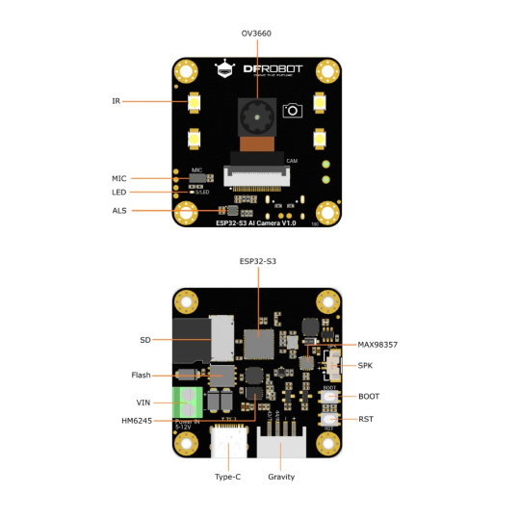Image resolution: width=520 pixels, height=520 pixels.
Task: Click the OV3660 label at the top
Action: [x=256, y=33]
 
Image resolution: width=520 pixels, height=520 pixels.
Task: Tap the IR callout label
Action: [x=116, y=100]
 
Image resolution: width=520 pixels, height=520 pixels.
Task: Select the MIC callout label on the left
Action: [x=118, y=178]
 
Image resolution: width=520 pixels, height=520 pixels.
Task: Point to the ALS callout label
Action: [x=118, y=210]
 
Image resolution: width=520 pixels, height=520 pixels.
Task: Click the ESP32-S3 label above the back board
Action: [x=257, y=261]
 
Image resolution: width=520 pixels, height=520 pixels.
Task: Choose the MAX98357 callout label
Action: [x=378, y=344]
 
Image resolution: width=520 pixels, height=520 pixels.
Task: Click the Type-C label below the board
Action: [x=228, y=477]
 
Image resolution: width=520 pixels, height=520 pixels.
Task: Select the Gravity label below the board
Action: [x=281, y=477]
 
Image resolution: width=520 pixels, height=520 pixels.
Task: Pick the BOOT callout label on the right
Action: [x=369, y=396]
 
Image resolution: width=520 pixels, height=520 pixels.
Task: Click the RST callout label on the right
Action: [x=366, y=419]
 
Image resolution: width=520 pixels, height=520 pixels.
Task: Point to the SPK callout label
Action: [x=366, y=366]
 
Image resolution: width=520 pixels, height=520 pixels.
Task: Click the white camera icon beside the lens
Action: [x=293, y=111]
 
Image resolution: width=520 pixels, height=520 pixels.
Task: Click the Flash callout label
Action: [x=141, y=375]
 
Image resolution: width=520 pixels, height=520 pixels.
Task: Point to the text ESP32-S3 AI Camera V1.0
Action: [x=256, y=223]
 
